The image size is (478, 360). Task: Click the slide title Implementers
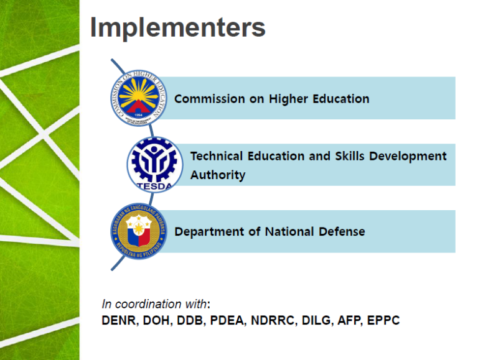click(178, 28)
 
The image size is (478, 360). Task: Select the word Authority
click(218, 175)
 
